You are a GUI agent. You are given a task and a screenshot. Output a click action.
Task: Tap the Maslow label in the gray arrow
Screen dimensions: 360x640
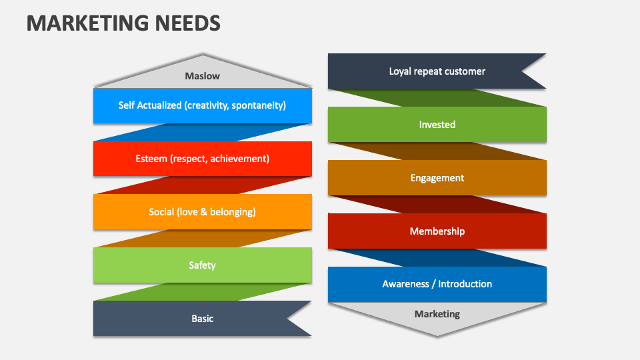[202, 76]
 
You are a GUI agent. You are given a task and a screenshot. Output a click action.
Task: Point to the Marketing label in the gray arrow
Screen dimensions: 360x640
[437, 314]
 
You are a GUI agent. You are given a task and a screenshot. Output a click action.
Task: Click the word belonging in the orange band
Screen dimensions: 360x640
[233, 212]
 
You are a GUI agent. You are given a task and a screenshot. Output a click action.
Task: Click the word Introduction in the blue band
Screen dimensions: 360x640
[465, 284]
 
